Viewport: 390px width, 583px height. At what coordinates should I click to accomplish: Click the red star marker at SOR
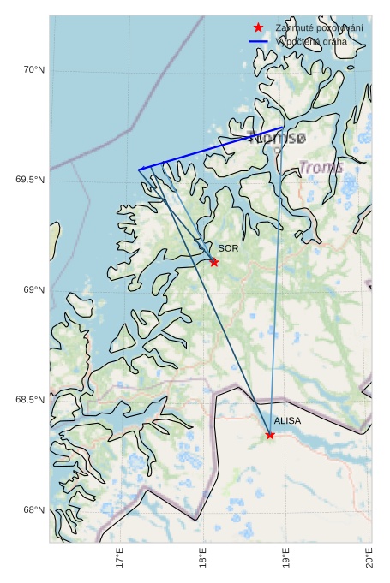coord(214,262)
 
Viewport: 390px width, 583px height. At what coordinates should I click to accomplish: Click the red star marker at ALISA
coord(270,435)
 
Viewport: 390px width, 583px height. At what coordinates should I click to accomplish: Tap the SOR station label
coord(227,248)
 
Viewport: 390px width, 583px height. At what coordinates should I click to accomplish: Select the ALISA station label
coord(287,421)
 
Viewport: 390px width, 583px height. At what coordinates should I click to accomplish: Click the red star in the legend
coord(258,28)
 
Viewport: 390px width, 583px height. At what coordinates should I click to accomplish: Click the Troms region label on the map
coord(321,167)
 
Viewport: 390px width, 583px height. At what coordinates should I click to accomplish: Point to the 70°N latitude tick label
coord(33,70)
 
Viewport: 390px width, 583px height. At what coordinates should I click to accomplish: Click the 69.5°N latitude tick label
coord(29,180)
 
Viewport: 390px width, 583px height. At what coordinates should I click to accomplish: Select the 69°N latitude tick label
coord(33,290)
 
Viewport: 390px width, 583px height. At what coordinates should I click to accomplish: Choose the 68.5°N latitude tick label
coord(29,401)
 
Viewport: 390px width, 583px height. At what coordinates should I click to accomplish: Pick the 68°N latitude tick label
coord(33,510)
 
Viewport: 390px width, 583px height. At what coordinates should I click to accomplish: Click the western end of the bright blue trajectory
coord(140,170)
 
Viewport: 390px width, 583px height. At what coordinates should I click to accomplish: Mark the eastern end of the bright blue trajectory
coord(283,128)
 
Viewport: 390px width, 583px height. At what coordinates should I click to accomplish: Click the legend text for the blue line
coord(312,41)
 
